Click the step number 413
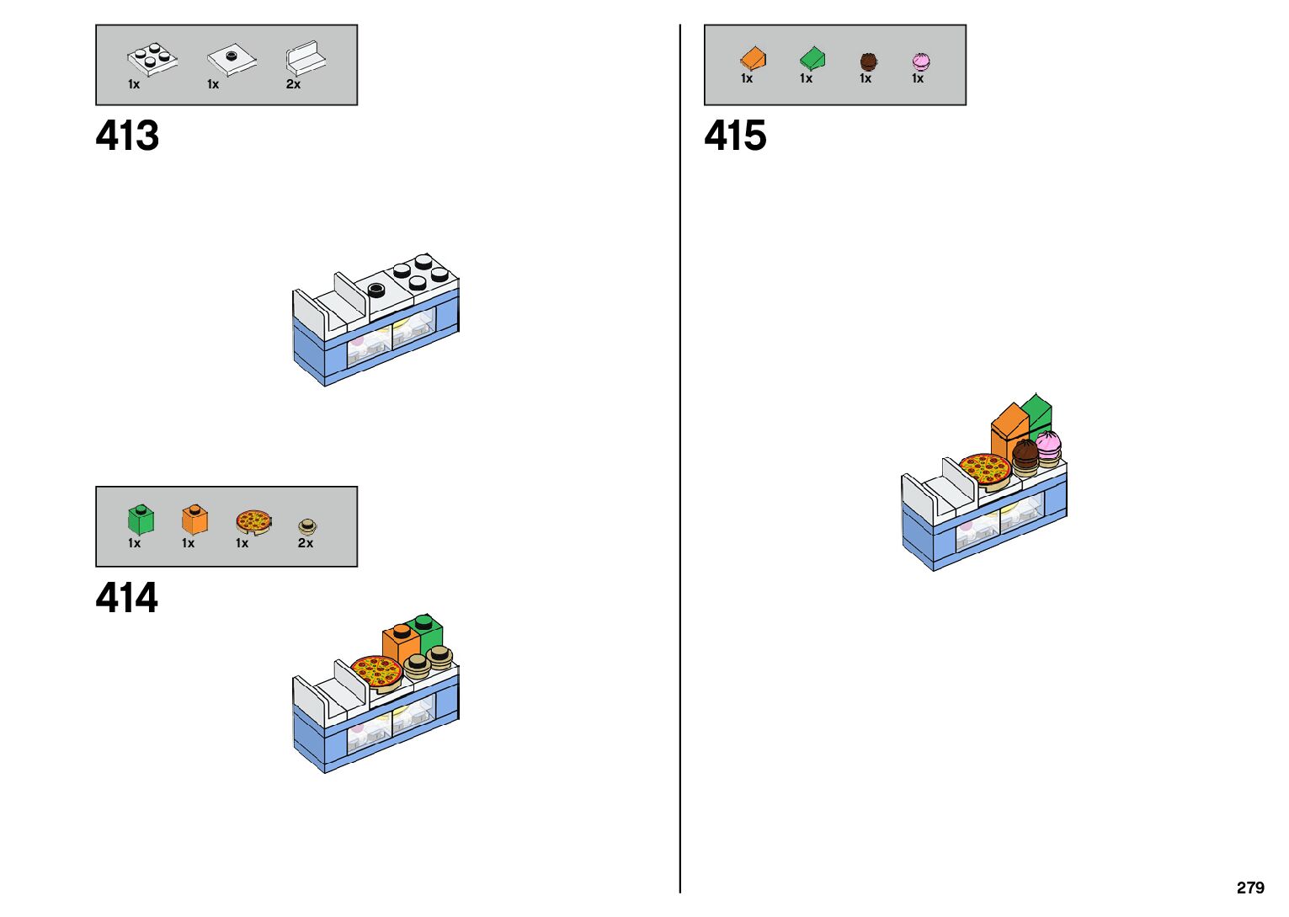point(127,136)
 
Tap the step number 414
point(127,598)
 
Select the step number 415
point(735,136)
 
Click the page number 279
point(1250,888)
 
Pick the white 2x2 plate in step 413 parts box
point(152,58)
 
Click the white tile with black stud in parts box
point(232,59)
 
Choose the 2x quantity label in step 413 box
point(293,84)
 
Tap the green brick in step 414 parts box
point(141,519)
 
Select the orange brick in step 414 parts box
point(194,519)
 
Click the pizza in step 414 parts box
point(253,521)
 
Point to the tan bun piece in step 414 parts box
point(307,527)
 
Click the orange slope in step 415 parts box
point(753,58)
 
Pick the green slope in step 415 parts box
point(812,58)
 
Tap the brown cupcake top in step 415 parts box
point(868,61)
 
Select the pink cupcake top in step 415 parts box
point(920,61)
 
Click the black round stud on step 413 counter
point(376,291)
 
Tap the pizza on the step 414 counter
point(376,672)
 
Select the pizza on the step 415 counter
point(984,469)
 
